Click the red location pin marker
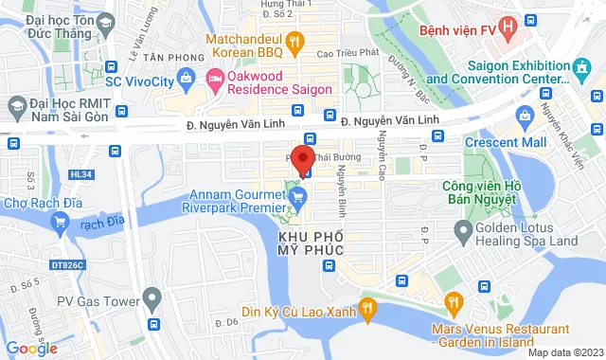pyautogui.click(x=303, y=158)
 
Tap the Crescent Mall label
pyautogui.click(x=506, y=143)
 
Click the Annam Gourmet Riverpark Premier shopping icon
pyautogui.click(x=297, y=197)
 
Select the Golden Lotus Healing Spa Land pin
pyautogui.click(x=463, y=228)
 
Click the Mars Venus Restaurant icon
pyautogui.click(x=454, y=303)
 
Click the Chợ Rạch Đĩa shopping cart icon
pyautogui.click(x=61, y=224)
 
